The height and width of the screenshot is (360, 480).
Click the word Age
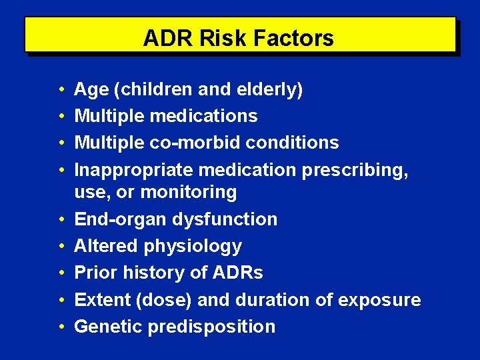coord(87,89)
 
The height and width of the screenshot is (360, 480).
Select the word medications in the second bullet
coord(203,116)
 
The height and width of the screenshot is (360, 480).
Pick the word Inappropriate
coord(119,169)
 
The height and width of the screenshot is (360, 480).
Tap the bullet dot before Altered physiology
coord(61,246)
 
